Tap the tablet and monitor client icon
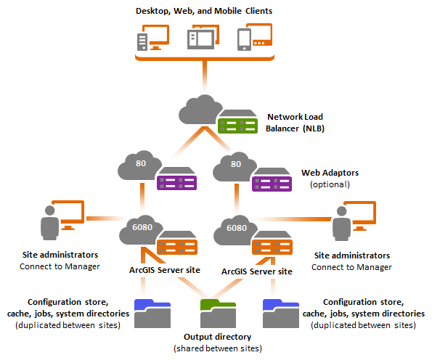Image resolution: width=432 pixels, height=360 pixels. click(x=203, y=38)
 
